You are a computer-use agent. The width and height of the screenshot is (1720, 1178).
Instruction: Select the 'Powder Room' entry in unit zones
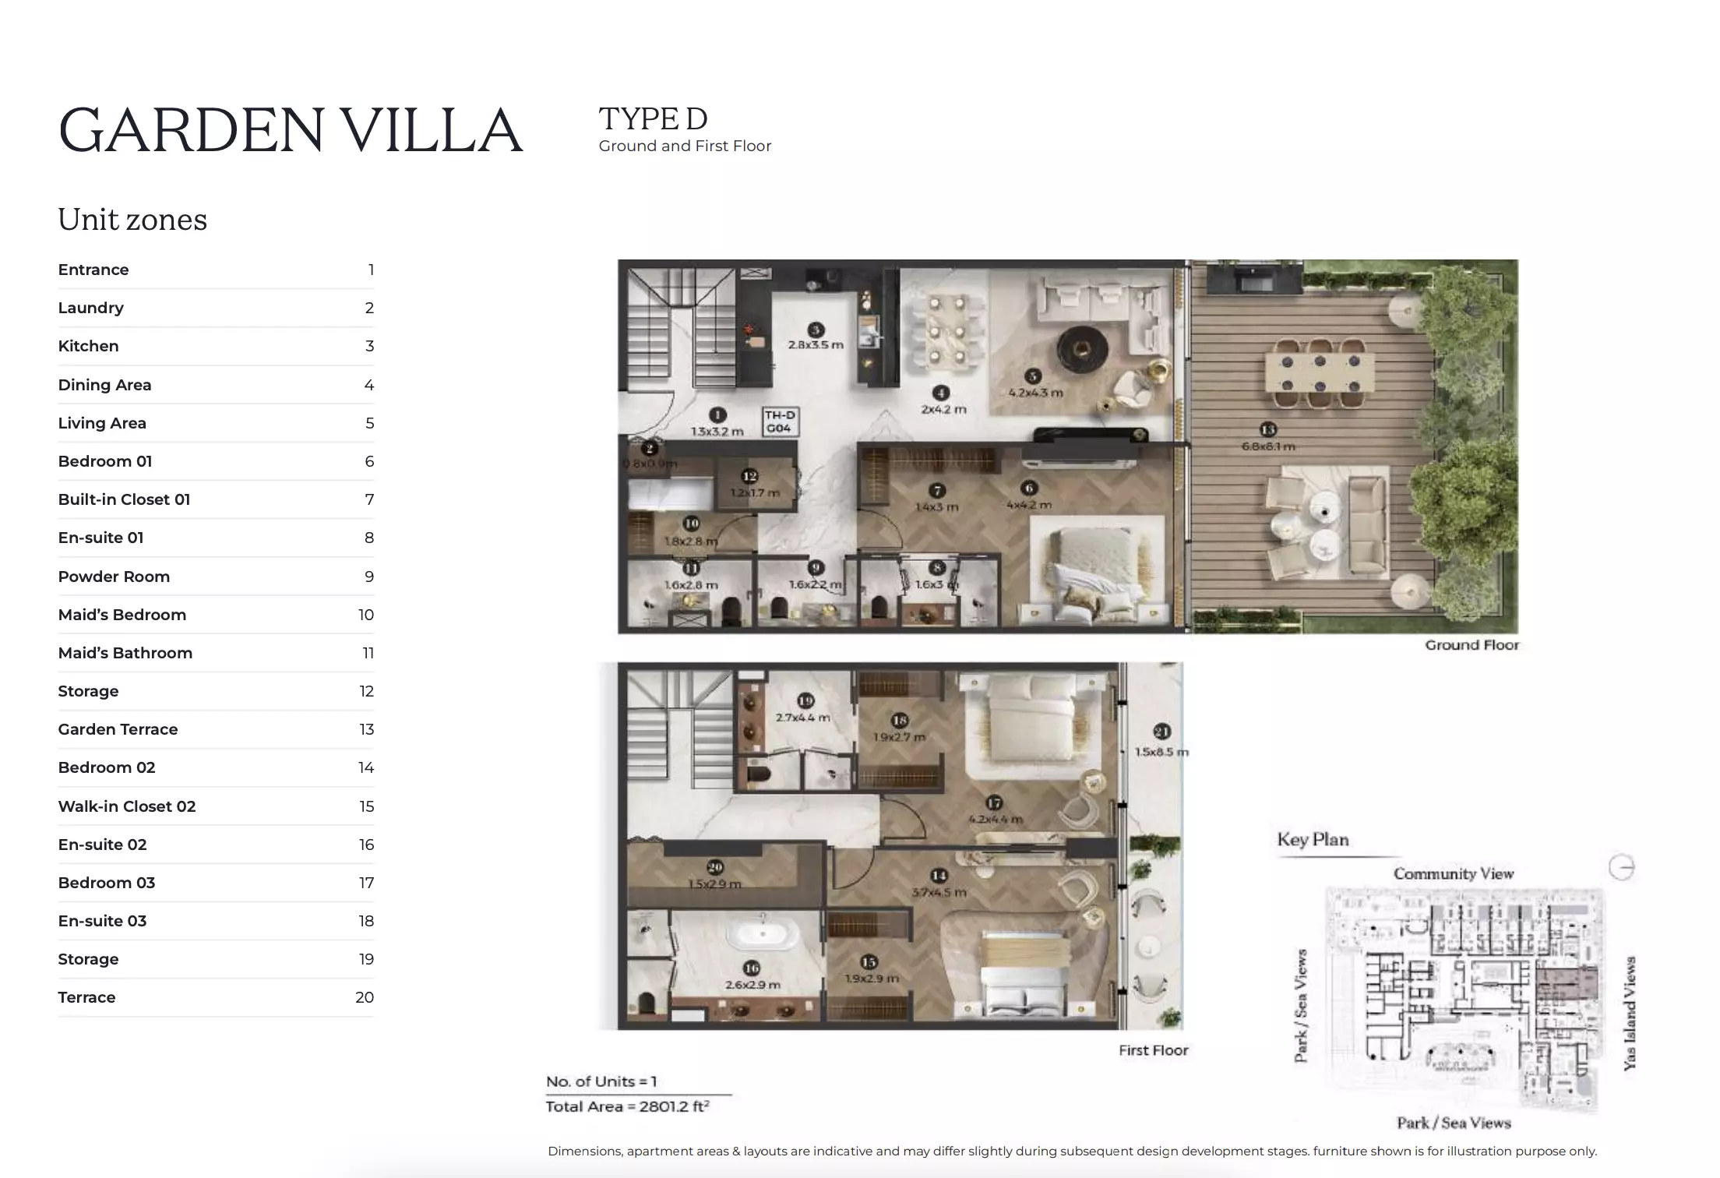pyautogui.click(x=114, y=577)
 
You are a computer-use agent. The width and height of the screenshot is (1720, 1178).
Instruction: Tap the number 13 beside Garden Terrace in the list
pyautogui.click(x=366, y=729)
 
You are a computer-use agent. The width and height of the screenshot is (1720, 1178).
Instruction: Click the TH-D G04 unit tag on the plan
pyautogui.click(x=779, y=421)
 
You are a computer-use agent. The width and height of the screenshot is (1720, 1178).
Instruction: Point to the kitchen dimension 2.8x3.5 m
pyautogui.click(x=816, y=344)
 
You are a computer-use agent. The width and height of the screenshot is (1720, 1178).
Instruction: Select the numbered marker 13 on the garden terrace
pyautogui.click(x=1267, y=429)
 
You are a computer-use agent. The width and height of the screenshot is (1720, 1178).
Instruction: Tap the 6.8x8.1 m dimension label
pyautogui.click(x=1267, y=446)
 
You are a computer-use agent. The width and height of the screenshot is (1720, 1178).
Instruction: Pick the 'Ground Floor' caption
pyautogui.click(x=1472, y=645)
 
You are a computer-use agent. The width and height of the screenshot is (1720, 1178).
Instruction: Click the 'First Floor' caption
pyautogui.click(x=1153, y=1050)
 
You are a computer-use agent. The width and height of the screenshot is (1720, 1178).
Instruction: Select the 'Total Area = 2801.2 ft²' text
pyautogui.click(x=627, y=1106)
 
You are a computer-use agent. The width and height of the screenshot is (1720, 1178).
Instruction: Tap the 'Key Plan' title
pyautogui.click(x=1313, y=840)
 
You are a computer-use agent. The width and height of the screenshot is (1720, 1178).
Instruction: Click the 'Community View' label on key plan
pyautogui.click(x=1453, y=874)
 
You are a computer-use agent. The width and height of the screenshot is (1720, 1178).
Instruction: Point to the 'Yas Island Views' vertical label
pyautogui.click(x=1630, y=1013)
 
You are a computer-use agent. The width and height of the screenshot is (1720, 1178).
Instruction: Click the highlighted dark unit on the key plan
pyautogui.click(x=1567, y=984)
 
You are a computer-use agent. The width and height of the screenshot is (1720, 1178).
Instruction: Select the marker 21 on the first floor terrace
pyautogui.click(x=1161, y=732)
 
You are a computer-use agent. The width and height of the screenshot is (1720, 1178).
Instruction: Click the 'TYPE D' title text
pyautogui.click(x=653, y=119)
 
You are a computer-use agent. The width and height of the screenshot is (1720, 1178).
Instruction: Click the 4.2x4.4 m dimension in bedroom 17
pyautogui.click(x=995, y=820)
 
